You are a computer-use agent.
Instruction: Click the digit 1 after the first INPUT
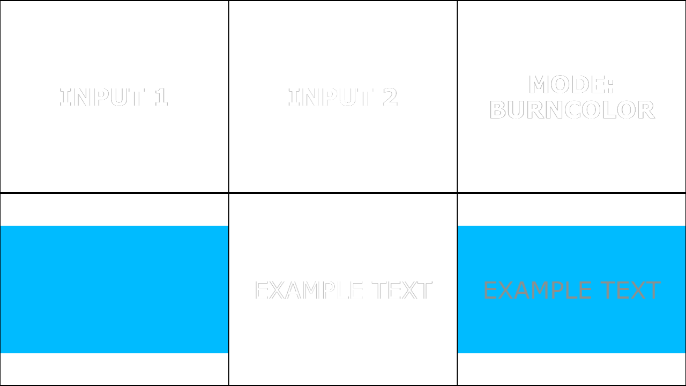point(161,97)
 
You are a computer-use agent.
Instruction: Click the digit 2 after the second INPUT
point(390,97)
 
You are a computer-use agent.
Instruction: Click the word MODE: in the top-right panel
point(571,84)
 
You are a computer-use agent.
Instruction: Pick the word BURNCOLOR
point(572,110)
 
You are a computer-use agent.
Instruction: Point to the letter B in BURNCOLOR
point(497,110)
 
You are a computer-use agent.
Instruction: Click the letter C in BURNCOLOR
point(573,110)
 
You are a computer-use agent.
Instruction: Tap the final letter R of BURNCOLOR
point(647,110)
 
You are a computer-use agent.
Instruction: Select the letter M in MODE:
point(539,84)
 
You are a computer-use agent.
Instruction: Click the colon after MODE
point(611,85)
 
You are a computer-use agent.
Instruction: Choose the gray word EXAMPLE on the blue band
point(538,290)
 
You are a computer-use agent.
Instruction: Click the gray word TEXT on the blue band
point(631,290)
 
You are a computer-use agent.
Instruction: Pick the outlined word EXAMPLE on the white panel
point(309,290)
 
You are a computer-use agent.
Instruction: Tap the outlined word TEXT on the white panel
point(402,290)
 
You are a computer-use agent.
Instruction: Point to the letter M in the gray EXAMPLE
point(538,290)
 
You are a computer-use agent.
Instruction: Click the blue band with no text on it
point(114,289)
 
